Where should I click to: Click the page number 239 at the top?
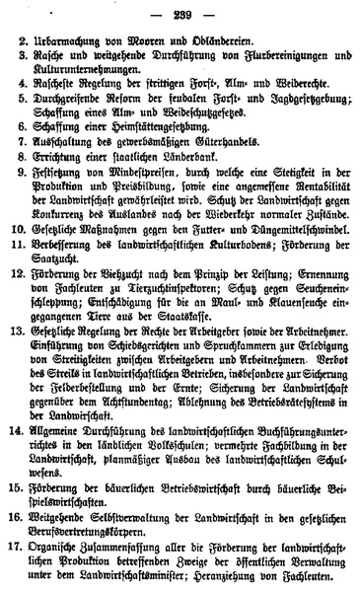pyautogui.click(x=181, y=10)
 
